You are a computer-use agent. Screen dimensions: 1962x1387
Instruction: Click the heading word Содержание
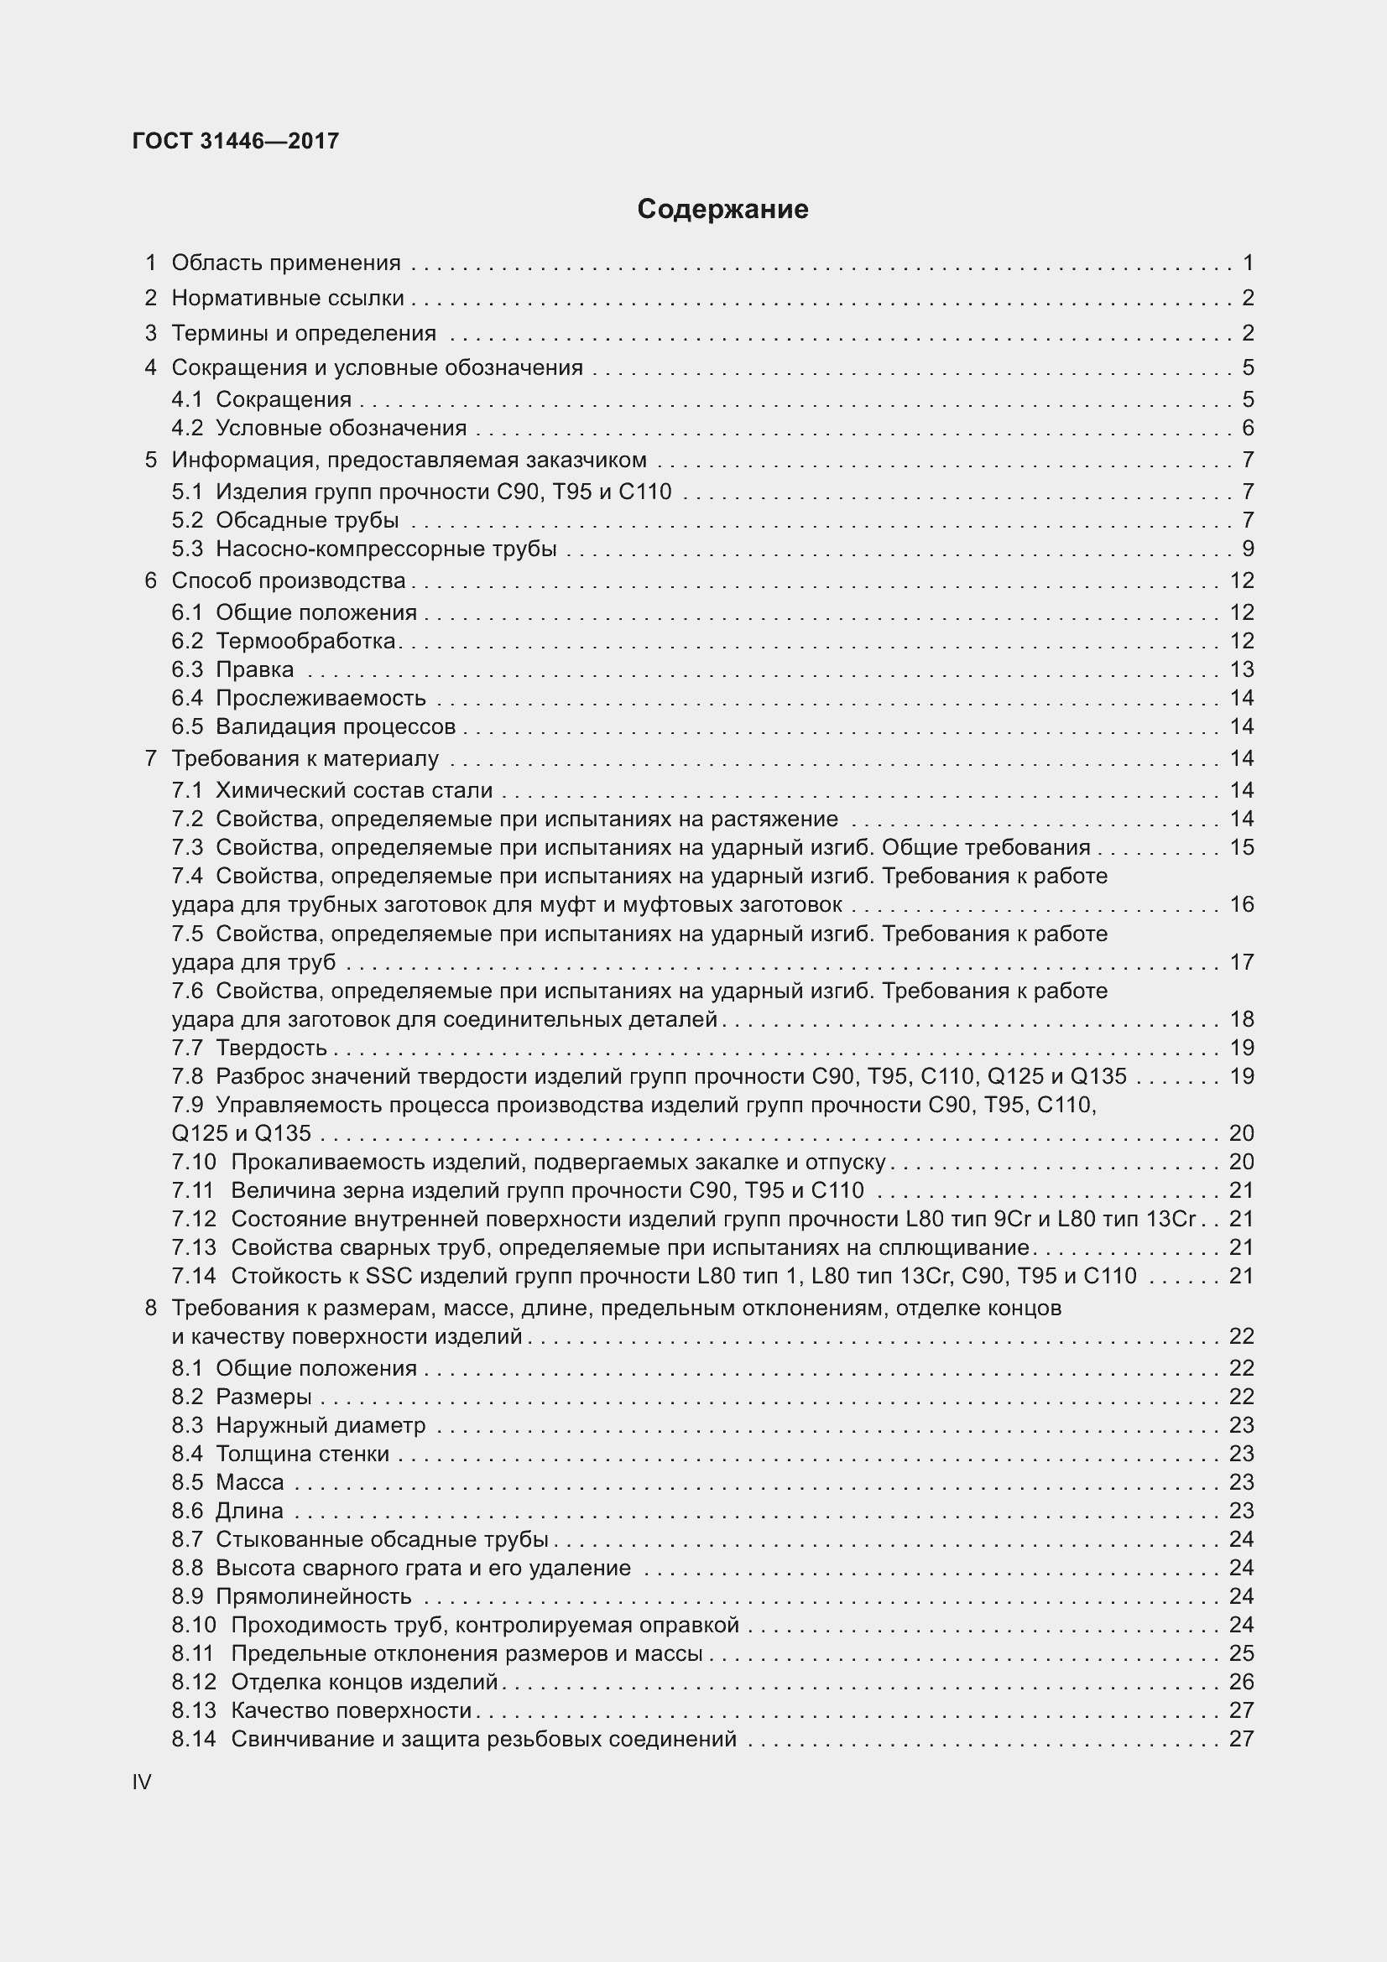[x=722, y=210]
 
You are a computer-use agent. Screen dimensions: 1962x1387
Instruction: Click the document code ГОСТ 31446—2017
[x=236, y=141]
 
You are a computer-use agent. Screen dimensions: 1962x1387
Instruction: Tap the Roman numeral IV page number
[x=142, y=1782]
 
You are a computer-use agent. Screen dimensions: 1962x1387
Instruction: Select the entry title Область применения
[x=285, y=263]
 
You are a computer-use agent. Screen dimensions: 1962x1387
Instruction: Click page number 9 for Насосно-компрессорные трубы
[x=1247, y=549]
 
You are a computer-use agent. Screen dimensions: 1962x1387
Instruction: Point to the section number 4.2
[x=187, y=428]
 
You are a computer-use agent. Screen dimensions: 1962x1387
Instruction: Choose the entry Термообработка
[x=305, y=641]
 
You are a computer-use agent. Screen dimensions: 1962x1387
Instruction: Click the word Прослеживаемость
[x=321, y=698]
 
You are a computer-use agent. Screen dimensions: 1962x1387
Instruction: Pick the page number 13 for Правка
[x=1241, y=669]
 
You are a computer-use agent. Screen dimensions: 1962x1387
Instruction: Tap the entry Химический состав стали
[x=354, y=790]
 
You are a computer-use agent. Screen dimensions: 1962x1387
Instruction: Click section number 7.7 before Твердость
[x=187, y=1048]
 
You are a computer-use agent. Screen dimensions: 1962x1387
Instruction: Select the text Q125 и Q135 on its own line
[x=241, y=1133]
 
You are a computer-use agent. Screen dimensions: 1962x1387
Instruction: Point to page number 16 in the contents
[x=1241, y=904]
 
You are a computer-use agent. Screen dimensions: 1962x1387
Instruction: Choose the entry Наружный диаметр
[x=321, y=1425]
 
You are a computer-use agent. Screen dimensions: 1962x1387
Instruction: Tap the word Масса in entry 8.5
[x=249, y=1481]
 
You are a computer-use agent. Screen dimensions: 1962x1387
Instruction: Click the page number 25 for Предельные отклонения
[x=1241, y=1652]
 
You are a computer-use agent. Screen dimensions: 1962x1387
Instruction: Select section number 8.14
[x=193, y=1738]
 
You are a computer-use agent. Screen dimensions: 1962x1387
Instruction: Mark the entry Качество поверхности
[x=352, y=1710]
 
